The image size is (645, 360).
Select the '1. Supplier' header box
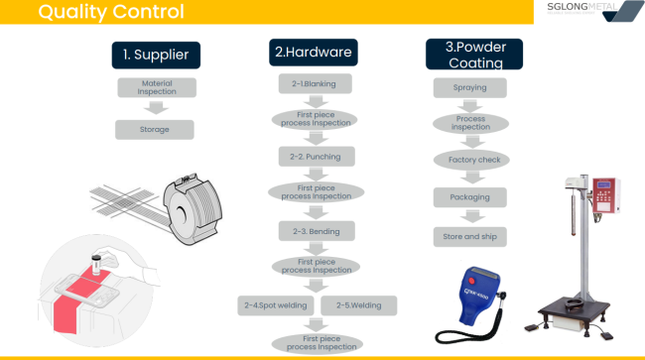coord(156,54)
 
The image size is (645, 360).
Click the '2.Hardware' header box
coord(313,52)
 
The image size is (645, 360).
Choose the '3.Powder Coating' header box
coord(473,54)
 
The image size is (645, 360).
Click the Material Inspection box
coord(156,87)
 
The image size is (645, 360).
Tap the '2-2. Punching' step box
coord(316,157)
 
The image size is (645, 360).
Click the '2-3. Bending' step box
coord(316,230)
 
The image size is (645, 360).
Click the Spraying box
coord(471,88)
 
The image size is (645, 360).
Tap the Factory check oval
coord(471,159)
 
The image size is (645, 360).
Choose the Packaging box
coord(471,197)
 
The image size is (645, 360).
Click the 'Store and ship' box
coord(471,237)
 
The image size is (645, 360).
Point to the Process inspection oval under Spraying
coord(471,124)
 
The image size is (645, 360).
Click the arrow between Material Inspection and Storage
coord(155,108)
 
